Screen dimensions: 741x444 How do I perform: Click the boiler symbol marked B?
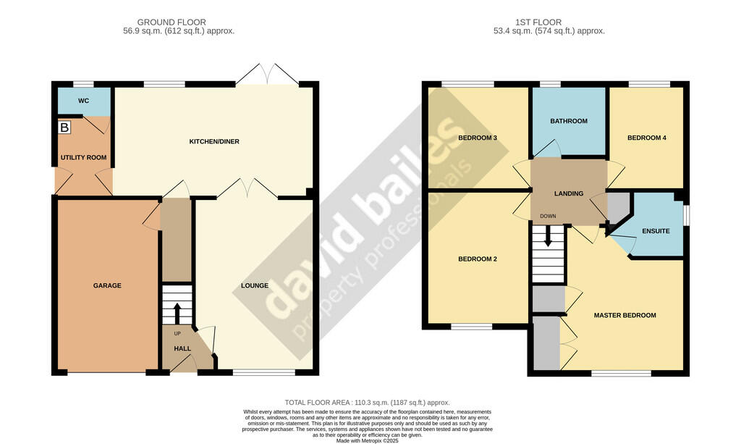(64, 127)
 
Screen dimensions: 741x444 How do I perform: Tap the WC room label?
(84, 101)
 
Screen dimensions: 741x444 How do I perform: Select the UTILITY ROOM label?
(84, 157)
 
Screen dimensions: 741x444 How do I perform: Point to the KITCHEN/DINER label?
(214, 141)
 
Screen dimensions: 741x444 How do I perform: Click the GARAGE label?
(107, 285)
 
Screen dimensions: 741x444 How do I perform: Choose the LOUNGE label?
(255, 285)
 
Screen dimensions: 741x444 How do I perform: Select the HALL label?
(182, 348)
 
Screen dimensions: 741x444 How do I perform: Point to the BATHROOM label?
(569, 121)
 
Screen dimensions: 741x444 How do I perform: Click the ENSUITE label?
(656, 231)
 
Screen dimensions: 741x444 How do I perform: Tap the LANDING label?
(569, 193)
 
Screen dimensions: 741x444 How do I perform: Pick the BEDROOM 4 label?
(647, 138)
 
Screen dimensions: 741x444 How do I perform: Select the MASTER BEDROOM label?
(624, 315)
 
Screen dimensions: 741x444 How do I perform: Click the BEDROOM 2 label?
(478, 259)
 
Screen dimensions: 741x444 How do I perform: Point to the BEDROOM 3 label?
(478, 138)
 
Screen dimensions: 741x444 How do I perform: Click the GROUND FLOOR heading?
(172, 22)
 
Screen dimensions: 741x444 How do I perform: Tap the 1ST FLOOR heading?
(538, 22)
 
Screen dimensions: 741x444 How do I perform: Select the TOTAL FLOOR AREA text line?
(367, 403)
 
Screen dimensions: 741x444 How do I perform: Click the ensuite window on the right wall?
(687, 214)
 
